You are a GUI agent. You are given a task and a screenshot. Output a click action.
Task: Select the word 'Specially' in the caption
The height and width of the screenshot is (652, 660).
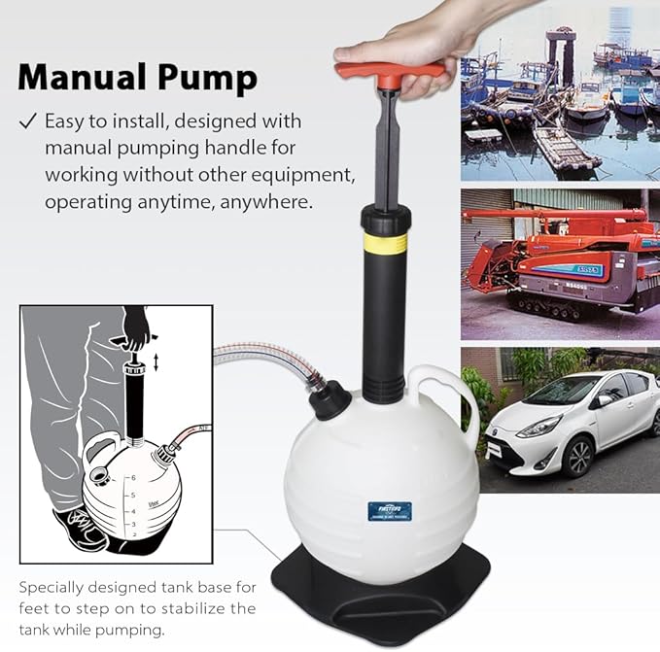(52, 588)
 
